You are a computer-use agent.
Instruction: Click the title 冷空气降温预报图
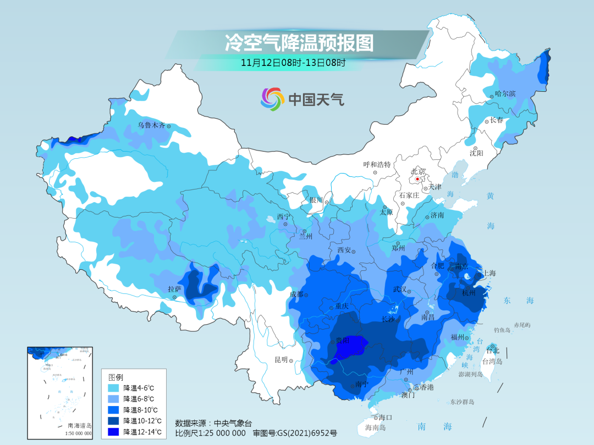point(299,43)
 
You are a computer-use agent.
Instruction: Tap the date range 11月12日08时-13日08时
point(293,63)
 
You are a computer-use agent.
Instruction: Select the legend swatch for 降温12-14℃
point(114,432)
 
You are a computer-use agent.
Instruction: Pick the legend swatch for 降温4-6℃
point(114,388)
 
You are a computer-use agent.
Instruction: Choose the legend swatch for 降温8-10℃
point(114,410)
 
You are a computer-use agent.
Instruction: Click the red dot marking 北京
point(417,179)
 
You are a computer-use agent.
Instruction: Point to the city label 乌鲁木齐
point(151,125)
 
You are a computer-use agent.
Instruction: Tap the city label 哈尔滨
point(505,94)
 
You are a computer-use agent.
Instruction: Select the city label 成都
point(296,294)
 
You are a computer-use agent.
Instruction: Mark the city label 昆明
point(280,360)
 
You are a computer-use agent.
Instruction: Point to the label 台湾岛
point(492,361)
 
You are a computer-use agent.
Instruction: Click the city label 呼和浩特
point(377,164)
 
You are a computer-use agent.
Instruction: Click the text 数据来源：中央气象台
point(213,423)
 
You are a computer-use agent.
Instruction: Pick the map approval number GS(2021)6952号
point(294,433)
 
